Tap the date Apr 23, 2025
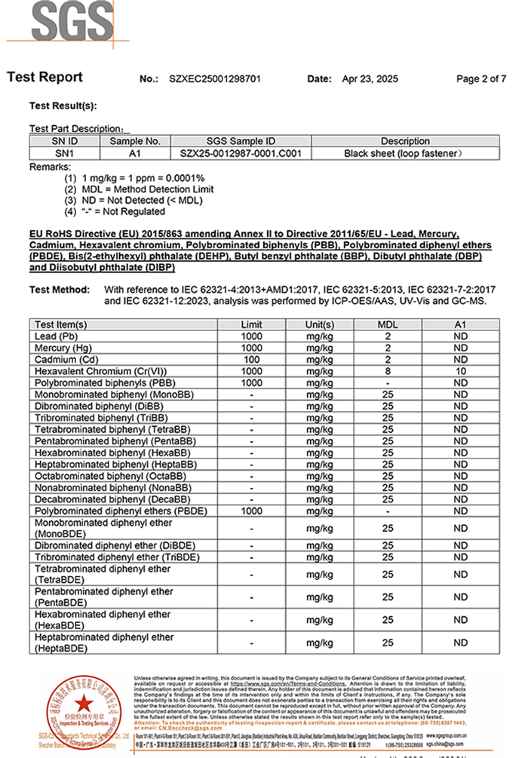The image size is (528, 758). (x=370, y=78)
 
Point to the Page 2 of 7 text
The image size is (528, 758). (x=481, y=78)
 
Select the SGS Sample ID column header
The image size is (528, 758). (x=241, y=141)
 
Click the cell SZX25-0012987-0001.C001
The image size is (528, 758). (x=241, y=153)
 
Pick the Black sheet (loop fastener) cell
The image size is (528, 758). (x=405, y=153)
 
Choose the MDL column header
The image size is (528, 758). (x=388, y=324)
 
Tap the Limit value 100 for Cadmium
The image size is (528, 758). (x=251, y=360)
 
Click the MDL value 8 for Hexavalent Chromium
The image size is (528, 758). (x=388, y=371)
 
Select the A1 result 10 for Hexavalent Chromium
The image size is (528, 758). (x=460, y=371)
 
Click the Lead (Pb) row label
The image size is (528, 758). (x=57, y=336)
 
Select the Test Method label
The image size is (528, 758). (x=60, y=290)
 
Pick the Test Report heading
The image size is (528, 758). (x=45, y=78)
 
